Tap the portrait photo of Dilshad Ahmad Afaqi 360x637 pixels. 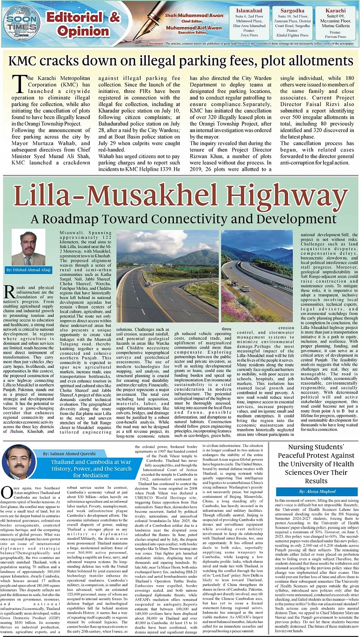pyautogui.click(x=28, y=248)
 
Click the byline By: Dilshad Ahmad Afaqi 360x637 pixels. pyautogui.click(x=29, y=270)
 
